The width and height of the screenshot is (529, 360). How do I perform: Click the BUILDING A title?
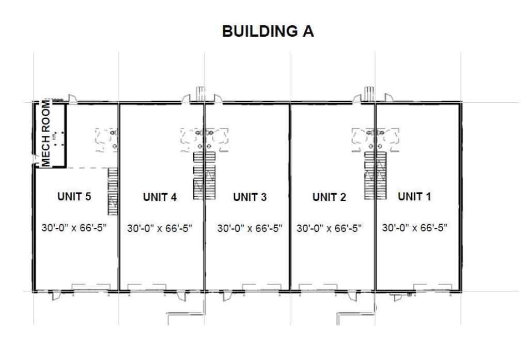pos(268,32)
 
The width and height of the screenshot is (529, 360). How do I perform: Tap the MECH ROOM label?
pos(47,133)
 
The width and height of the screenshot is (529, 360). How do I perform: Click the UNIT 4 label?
pos(160,197)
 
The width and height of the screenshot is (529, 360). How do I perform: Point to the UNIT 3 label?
pos(250,197)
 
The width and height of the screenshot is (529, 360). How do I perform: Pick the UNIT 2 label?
pos(330,197)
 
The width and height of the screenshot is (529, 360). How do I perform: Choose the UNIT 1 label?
pos(414,197)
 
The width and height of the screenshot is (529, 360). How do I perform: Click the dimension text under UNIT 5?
pos(73,228)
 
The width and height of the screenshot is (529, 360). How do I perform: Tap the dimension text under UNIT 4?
pos(160,228)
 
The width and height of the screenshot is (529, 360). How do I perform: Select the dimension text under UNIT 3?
pos(250,228)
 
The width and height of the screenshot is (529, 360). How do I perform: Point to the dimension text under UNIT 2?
pos(330,228)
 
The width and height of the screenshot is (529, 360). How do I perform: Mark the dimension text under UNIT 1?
pos(414,228)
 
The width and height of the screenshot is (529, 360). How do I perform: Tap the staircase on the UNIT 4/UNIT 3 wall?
pos(204,176)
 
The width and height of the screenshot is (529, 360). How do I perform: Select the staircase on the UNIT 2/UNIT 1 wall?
pos(376,176)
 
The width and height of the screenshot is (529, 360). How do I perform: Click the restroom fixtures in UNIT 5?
pos(109,138)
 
